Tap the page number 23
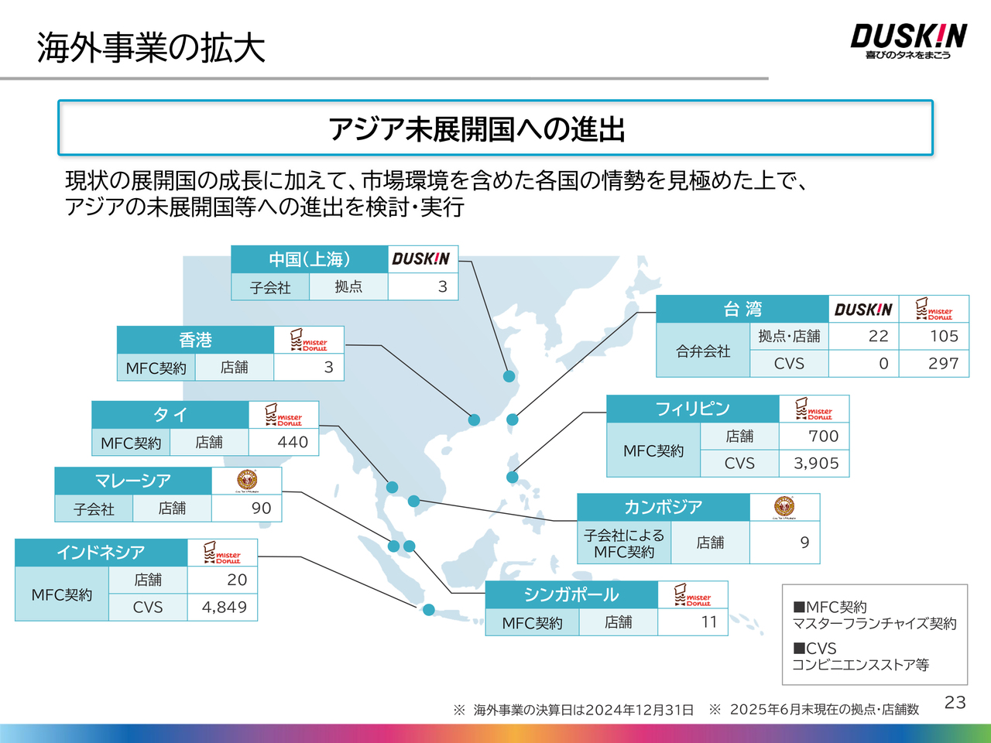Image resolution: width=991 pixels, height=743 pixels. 955,702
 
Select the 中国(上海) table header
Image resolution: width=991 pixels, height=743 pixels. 309,259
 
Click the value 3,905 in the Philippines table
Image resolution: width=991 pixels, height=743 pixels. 816,463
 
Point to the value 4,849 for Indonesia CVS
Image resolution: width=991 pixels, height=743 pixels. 225,607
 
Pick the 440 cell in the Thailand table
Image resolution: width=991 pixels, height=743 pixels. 293,442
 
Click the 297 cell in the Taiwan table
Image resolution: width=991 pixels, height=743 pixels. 943,363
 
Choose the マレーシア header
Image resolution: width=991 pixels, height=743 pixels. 132,481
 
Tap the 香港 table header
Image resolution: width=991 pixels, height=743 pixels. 195,340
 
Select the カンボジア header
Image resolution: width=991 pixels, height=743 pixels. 663,507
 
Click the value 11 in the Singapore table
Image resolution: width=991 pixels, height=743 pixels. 709,621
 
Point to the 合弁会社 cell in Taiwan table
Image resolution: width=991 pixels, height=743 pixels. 703,351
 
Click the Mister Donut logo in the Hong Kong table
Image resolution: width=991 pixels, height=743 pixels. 308,340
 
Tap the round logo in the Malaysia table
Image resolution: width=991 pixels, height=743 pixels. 246,481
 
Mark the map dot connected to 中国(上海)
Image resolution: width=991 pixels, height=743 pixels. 509,377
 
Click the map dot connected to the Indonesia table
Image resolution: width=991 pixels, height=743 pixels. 429,610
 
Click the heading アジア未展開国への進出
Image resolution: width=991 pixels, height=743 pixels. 477,128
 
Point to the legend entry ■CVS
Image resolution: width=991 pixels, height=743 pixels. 814,648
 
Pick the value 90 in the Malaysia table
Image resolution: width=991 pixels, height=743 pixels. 261,508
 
